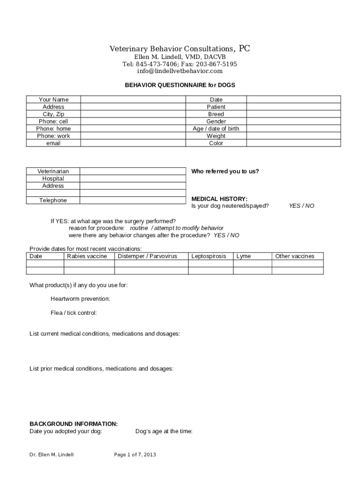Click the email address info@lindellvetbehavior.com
(180, 71)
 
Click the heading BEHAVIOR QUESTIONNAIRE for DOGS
(180, 85)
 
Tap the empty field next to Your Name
(133, 99)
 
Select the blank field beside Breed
(293, 114)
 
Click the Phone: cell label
(53, 121)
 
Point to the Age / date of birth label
(216, 129)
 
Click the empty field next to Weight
(293, 136)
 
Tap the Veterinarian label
(53, 171)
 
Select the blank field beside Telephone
(133, 200)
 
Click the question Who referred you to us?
(225, 171)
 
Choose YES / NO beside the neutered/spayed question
(302, 206)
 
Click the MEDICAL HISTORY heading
(219, 199)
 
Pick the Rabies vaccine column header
(87, 256)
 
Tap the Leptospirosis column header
(209, 256)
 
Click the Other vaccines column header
(295, 256)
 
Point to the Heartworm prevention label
(80, 298)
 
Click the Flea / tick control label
(74, 313)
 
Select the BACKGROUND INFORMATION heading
(73, 424)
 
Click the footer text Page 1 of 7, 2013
(135, 455)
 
